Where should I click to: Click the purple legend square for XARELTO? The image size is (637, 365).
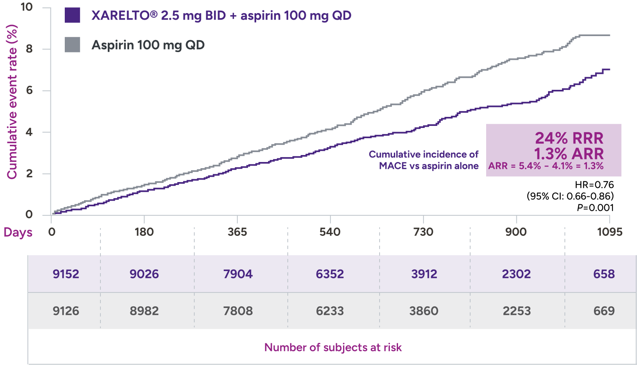[73, 16]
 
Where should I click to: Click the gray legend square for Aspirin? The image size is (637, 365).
[73, 45]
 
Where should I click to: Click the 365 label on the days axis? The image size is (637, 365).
[237, 232]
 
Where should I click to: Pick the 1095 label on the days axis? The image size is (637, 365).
[610, 232]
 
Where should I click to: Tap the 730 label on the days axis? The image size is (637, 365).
[423, 232]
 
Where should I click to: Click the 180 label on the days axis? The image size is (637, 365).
[144, 232]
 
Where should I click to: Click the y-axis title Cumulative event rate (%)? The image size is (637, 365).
[12, 102]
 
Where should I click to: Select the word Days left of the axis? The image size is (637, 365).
[18, 233]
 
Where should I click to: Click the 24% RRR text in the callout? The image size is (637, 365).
[569, 138]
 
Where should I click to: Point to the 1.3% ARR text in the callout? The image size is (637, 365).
[569, 154]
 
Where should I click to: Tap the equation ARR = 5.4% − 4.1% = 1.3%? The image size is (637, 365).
[546, 166]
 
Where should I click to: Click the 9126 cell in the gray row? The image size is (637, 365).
[66, 311]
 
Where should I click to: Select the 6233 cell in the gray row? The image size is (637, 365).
[330, 311]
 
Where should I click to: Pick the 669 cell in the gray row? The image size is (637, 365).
[604, 311]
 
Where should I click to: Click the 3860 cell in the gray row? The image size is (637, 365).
[424, 311]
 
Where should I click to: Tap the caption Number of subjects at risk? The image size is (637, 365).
[333, 347]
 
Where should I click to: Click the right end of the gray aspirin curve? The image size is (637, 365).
[609, 35]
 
